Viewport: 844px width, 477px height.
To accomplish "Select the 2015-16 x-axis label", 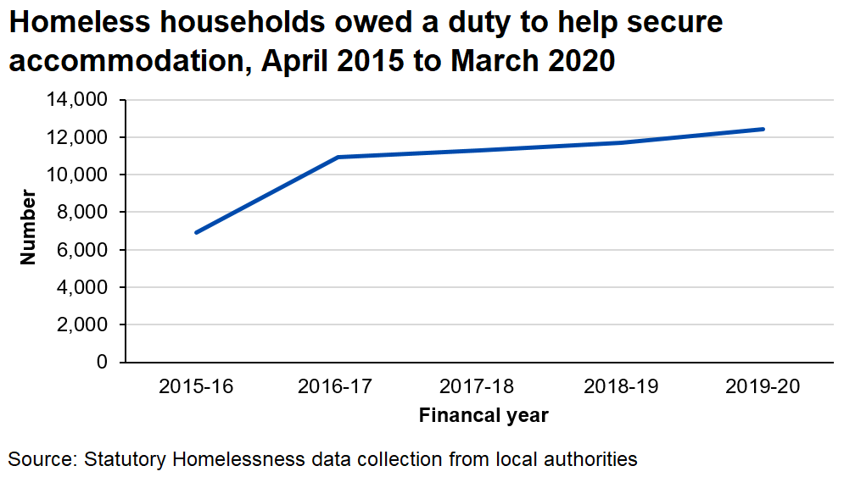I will tap(196, 387).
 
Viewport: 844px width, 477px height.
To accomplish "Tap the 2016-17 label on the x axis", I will tap(338, 387).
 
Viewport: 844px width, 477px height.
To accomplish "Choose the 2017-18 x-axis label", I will tap(479, 387).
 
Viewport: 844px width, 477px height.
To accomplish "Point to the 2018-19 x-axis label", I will tap(622, 387).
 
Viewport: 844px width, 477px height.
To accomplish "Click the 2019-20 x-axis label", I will tap(763, 387).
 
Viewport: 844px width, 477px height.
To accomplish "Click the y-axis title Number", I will tap(29, 228).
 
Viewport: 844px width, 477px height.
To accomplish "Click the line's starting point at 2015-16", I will tap(197, 232).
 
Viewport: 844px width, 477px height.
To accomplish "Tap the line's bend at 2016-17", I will tap(338, 157).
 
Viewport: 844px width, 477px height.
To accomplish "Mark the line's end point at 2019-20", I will tap(763, 129).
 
